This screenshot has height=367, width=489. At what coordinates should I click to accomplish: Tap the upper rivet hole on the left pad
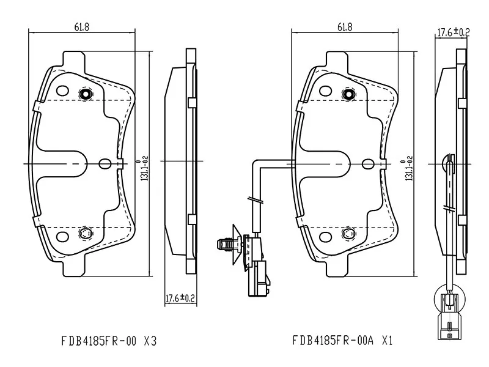pos(86,94)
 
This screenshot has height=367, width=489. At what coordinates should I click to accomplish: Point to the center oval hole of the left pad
pos(105,163)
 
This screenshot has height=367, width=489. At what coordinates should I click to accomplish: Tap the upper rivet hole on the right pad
pos(349,94)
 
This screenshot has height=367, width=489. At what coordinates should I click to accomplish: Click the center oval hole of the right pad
pos(367,163)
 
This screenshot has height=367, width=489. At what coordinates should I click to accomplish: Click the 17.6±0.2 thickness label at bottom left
pos(180,298)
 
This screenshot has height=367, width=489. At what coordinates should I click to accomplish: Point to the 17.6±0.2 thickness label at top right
pos(452,32)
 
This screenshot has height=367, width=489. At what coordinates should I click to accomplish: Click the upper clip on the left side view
pos(191,102)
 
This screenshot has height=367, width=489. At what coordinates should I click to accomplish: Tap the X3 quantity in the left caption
pos(150,339)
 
